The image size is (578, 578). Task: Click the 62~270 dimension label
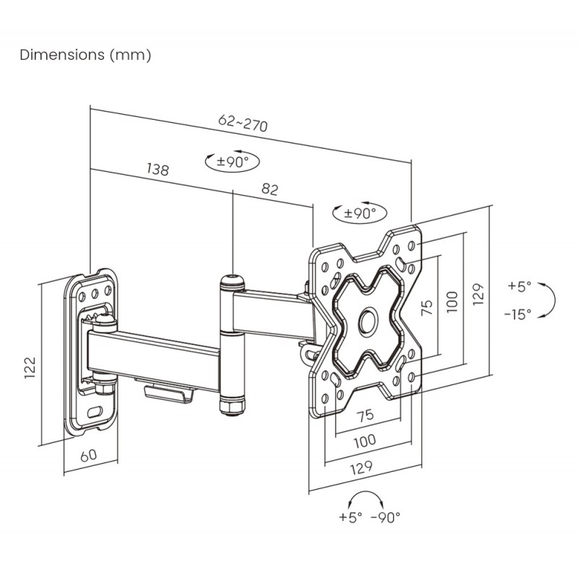point(243,124)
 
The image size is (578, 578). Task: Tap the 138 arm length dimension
point(158,170)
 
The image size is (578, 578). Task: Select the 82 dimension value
point(269,189)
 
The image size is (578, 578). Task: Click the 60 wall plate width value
point(89,456)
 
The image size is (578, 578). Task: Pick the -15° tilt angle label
point(519,313)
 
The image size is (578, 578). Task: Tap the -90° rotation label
point(385,517)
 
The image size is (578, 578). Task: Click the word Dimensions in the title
point(62,55)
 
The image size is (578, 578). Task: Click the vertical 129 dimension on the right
point(478,293)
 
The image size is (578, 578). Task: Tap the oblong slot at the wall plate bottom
point(95,413)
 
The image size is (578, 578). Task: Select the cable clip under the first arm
point(169,394)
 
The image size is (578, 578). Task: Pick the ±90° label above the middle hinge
point(233,161)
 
